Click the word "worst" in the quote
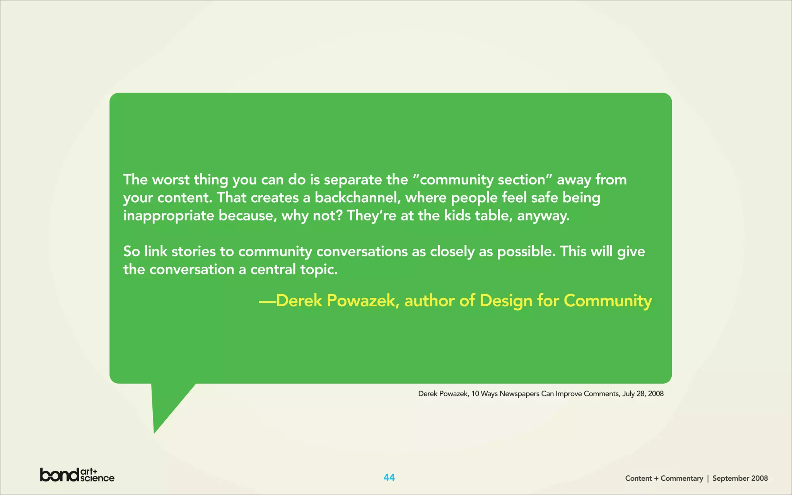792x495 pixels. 171,180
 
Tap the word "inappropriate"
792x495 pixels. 169,216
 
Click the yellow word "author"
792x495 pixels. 429,301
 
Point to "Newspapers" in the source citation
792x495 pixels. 519,394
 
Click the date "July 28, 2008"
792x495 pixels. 643,394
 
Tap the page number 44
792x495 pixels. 389,478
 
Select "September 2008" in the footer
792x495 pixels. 740,478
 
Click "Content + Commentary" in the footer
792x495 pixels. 664,478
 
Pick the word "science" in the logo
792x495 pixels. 97,478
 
